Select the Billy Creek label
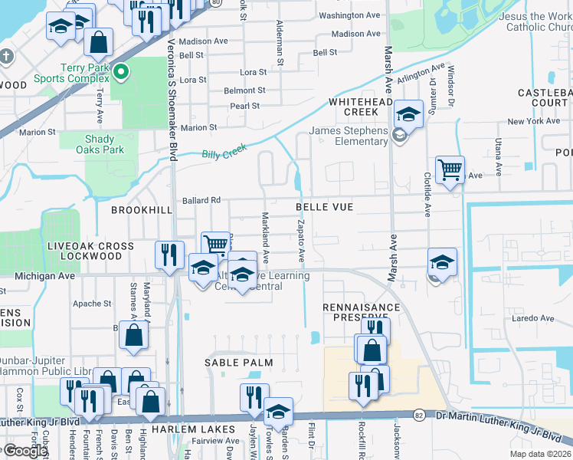tap(222, 154)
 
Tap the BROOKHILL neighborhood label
tap(139, 209)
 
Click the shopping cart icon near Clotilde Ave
tap(450, 169)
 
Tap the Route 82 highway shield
tap(417, 414)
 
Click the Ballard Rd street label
tap(201, 201)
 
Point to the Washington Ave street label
tap(349, 15)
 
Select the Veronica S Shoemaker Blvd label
tap(172, 100)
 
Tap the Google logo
tap(25, 451)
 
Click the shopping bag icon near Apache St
tap(133, 335)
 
